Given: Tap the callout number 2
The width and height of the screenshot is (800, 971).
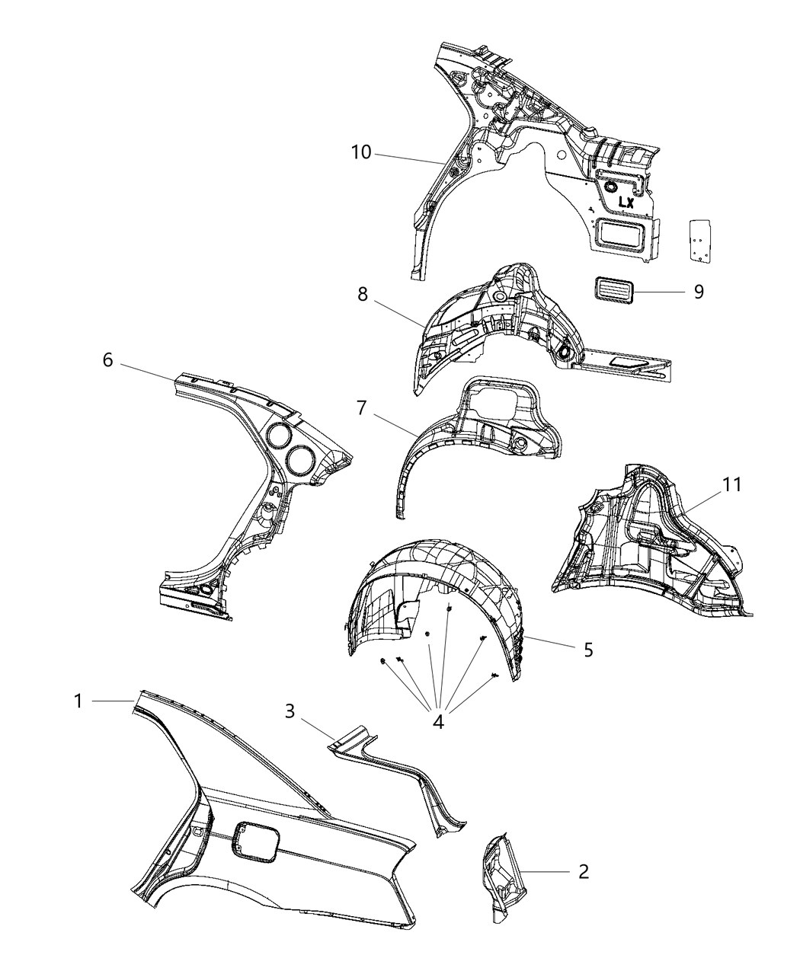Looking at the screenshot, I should [583, 871].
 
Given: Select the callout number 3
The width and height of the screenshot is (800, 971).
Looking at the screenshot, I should [290, 711].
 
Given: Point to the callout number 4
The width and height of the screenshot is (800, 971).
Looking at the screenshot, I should [438, 720].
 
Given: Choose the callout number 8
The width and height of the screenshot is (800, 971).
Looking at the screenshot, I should [363, 294].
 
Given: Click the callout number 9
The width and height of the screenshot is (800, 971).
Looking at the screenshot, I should [698, 292].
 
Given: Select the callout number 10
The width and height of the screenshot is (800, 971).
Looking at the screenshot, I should [360, 152].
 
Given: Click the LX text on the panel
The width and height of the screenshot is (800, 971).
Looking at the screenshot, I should [626, 203].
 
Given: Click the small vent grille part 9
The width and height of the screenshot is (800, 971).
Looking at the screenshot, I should [613, 291].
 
